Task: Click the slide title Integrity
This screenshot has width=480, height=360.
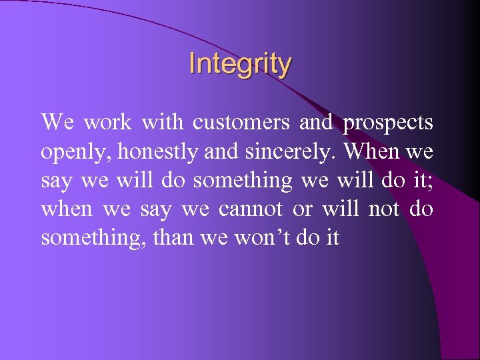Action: point(240,64)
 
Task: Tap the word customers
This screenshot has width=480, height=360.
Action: point(241,123)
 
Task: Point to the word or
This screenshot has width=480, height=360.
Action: point(302,209)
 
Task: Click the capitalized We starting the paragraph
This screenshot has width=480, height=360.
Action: point(57,123)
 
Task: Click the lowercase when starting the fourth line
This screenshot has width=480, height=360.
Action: point(66,209)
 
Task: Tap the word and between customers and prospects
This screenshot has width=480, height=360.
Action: point(316,123)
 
